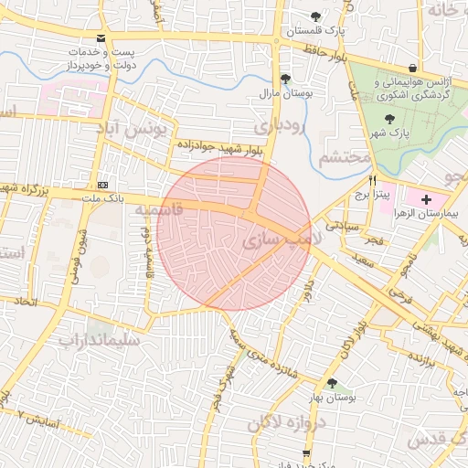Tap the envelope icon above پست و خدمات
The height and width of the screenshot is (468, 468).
(101, 38)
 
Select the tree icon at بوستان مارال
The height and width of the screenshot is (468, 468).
(286, 79)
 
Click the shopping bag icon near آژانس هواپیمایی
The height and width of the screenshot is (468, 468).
(413, 68)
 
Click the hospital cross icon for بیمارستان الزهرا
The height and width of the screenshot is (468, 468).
(426, 198)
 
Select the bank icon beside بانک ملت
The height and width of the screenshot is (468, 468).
(101, 184)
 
